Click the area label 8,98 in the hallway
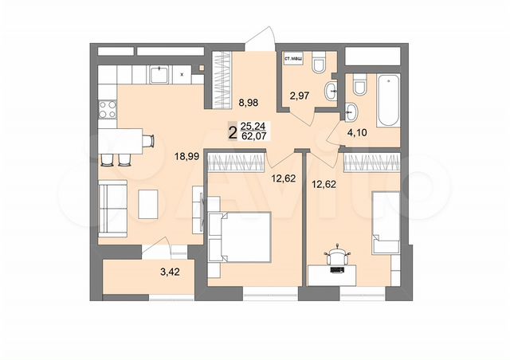pyautogui.click(x=249, y=102)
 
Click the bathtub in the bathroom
pyautogui.click(x=390, y=99)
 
